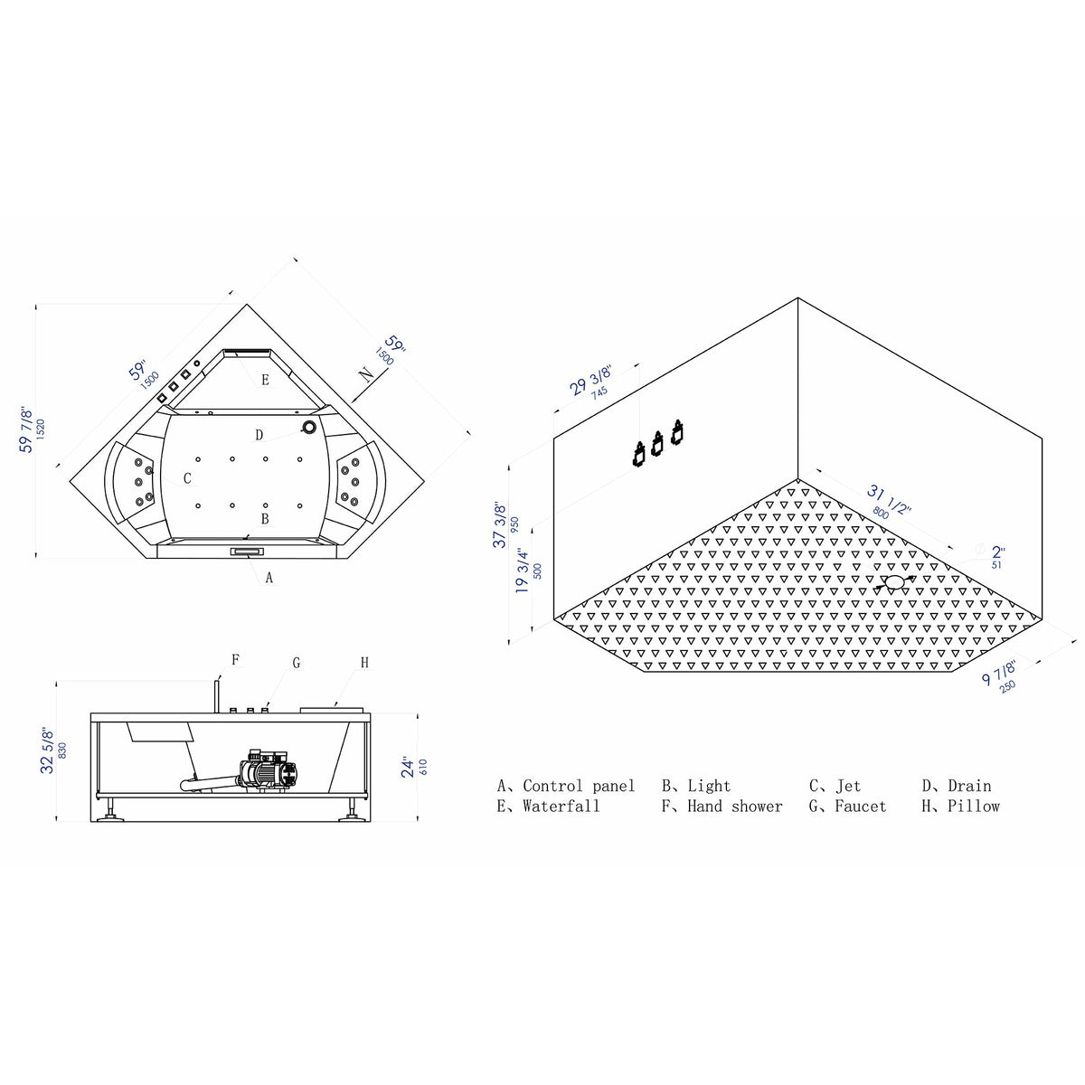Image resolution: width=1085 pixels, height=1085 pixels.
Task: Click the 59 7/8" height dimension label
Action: pos(26,430)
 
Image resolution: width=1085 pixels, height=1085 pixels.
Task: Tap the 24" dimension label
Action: pos(409,768)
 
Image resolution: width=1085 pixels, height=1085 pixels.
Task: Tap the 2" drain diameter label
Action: pos(997,552)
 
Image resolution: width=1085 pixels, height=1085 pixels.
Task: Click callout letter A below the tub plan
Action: pos(269,578)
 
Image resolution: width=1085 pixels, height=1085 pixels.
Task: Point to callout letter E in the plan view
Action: pos(265,380)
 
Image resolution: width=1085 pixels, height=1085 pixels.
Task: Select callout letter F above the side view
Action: pos(235,660)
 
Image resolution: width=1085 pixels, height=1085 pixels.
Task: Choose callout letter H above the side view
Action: pos(364,663)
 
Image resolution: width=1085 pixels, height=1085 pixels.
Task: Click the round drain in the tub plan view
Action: pos(309,427)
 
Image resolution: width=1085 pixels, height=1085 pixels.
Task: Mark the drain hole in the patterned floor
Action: pos(894,582)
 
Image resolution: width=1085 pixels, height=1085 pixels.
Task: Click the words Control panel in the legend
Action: pos(579,787)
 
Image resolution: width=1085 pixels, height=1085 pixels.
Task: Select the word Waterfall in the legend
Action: pos(561,807)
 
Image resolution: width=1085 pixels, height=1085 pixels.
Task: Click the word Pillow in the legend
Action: pos(974,807)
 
